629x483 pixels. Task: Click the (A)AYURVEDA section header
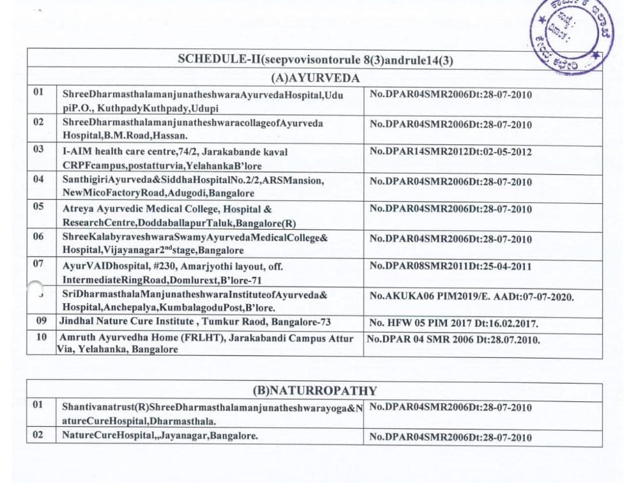315,78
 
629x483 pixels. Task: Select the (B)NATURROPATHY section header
315,390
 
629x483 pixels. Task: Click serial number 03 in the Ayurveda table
39,149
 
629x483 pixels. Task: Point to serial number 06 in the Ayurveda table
39,237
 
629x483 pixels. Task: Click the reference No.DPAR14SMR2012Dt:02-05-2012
450,152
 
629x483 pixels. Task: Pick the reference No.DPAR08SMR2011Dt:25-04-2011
450,266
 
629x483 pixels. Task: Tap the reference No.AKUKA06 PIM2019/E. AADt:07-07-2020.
471,297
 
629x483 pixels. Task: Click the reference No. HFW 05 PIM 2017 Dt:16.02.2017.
453,323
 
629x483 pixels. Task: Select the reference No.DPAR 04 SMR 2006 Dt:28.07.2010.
453,339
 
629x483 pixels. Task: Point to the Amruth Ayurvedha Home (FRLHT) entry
204,343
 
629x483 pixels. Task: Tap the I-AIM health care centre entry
176,157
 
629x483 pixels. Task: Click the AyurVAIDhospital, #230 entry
172,272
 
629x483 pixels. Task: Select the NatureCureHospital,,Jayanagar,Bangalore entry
160,436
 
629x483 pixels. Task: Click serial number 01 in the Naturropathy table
39,405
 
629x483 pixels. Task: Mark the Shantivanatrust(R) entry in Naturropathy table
211,413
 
